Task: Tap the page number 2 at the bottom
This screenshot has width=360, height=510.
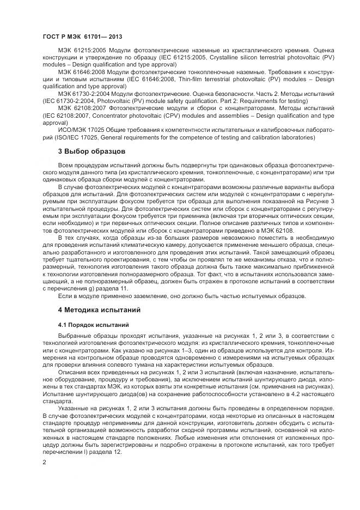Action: pos(45,462)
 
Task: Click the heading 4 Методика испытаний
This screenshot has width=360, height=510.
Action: pos(99,309)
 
